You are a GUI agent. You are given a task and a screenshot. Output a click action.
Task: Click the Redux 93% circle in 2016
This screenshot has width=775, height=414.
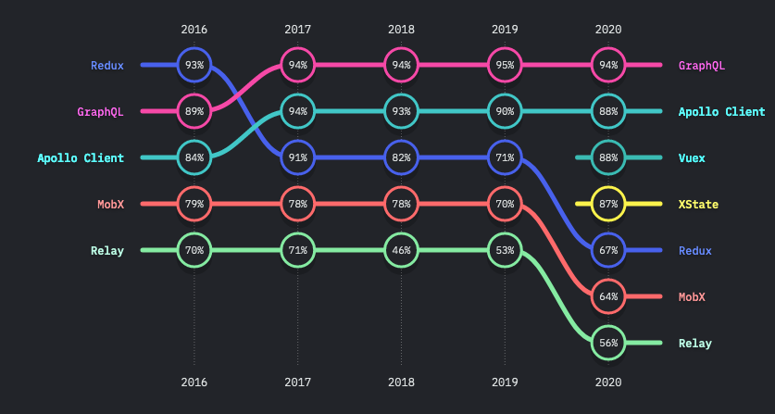[194, 65]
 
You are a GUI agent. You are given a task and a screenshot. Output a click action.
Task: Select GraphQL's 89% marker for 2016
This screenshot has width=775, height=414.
[194, 111]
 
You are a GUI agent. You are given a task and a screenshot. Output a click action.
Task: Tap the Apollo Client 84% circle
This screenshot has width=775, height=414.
[194, 157]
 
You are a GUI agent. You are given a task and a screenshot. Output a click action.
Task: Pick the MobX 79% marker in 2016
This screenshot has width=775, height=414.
[194, 204]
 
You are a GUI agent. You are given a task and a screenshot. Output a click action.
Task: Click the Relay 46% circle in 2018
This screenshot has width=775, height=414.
[402, 250]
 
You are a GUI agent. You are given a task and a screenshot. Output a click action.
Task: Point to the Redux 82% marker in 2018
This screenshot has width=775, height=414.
[402, 157]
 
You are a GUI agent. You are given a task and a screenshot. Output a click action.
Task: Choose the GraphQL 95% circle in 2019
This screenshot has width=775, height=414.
[506, 65]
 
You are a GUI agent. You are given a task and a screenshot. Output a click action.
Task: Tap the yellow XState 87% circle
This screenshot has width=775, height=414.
[609, 204]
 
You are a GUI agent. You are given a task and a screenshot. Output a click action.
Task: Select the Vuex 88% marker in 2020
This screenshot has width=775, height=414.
[609, 157]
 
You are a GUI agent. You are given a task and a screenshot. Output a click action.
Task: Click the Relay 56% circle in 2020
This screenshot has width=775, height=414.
[609, 343]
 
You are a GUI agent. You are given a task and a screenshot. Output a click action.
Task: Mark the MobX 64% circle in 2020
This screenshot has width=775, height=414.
[609, 296]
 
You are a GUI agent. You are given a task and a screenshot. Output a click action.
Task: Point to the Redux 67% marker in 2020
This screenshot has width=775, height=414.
[609, 250]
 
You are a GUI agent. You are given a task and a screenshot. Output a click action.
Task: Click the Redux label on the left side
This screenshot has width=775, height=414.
[107, 65]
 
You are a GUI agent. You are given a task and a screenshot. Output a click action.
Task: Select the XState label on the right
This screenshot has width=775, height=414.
[698, 204]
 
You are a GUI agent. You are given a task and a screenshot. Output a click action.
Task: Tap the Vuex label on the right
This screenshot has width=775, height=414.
[692, 157]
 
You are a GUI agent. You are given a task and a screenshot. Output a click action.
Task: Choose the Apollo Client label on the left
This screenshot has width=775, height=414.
[81, 157]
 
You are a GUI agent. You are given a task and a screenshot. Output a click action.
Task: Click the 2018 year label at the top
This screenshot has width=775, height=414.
[402, 30]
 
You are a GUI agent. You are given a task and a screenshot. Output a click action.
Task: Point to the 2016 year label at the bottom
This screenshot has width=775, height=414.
[194, 381]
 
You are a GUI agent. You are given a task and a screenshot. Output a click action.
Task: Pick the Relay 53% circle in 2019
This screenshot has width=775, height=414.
[506, 250]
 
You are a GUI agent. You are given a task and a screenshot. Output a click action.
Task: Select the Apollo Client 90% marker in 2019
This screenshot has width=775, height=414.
[506, 111]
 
